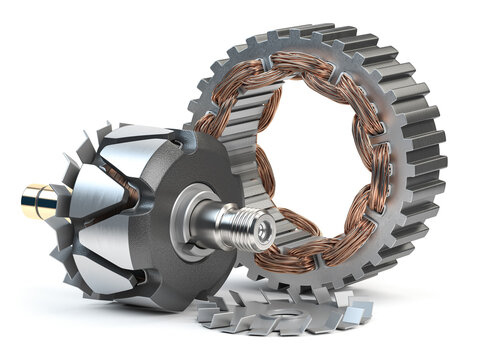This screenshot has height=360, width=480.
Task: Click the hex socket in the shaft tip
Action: pos(262,231)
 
